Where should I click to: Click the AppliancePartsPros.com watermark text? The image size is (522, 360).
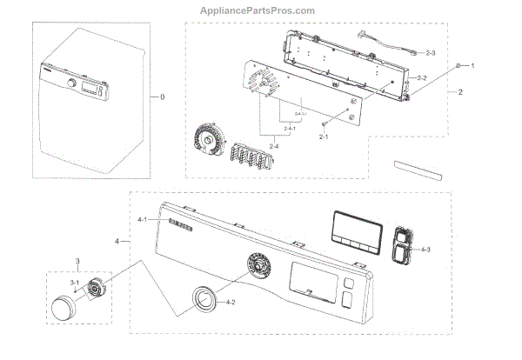tap(261, 10)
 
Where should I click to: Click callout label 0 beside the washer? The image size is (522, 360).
tap(162, 97)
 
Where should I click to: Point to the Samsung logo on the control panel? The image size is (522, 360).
tap(177, 228)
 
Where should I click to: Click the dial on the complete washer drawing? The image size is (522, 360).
tap(68, 83)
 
